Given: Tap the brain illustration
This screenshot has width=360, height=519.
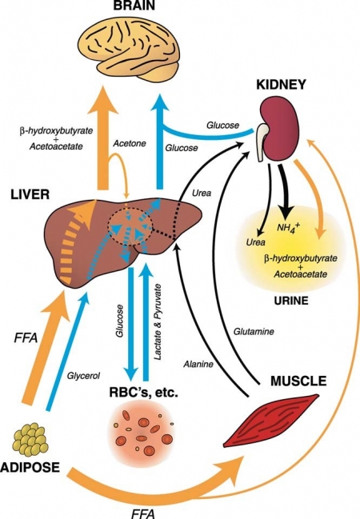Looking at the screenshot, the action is tap(129, 48).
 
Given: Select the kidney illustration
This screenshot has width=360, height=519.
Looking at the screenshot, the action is tap(278, 130).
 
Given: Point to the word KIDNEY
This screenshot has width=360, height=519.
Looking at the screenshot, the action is tap(281, 85).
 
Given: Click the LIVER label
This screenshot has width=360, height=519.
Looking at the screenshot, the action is tap(30, 194).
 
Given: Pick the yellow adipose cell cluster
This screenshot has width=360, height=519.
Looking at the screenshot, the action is tap(30, 439).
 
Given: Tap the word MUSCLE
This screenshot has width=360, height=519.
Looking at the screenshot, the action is tap(298, 381).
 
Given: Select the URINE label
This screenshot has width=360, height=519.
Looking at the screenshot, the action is tap(291, 300).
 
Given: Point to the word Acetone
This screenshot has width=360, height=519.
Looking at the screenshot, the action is tap(130, 143).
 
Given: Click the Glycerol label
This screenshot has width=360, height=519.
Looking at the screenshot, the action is tap(83, 376).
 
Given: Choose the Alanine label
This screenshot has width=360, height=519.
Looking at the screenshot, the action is tap(198, 364).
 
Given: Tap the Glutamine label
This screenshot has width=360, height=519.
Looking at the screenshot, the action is tap(254, 331).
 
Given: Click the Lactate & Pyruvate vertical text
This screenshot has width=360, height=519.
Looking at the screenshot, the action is tap(158, 321).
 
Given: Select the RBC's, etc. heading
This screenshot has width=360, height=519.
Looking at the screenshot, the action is tap(144, 393).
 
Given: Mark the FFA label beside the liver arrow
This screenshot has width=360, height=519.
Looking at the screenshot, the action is tap(26, 339).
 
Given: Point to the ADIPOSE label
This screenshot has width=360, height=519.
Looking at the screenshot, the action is tap(30, 467).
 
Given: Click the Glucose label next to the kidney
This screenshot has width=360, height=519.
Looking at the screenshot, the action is tap(222, 125).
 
